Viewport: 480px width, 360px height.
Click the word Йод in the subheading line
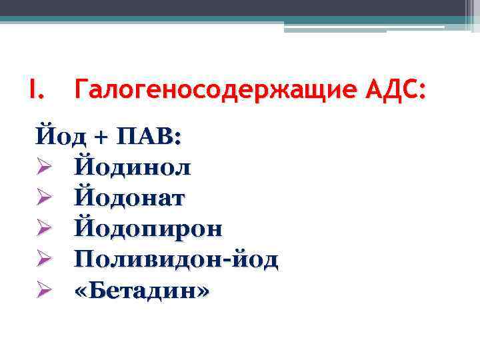pos(58,136)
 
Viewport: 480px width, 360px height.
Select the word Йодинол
pos(133,167)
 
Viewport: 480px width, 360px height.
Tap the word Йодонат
pos(130,197)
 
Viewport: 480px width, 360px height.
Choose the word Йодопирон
pos(149,229)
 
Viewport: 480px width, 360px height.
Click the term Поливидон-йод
pos(177,259)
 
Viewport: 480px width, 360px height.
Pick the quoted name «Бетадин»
pos(142,290)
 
